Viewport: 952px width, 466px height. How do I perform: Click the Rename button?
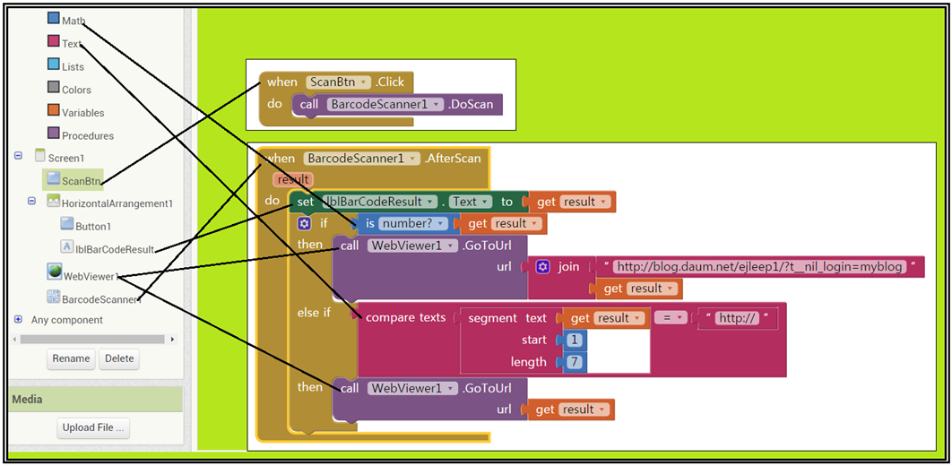[x=71, y=358]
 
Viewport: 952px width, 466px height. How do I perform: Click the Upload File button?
[x=93, y=428]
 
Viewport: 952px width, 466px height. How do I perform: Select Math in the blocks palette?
[x=74, y=21]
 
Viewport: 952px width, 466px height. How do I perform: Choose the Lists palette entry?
[x=73, y=66]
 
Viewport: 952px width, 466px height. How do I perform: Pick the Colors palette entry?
[x=76, y=90]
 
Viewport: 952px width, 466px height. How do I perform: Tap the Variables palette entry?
[x=82, y=113]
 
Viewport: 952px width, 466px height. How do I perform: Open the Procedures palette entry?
[x=87, y=136]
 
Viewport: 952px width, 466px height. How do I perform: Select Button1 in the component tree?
[x=93, y=227]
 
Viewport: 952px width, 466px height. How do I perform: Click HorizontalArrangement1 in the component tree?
[x=117, y=203]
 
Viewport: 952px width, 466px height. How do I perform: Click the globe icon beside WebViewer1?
[x=55, y=272]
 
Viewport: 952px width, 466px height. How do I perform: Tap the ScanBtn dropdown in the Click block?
[x=338, y=82]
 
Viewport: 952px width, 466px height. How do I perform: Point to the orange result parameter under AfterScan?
[x=293, y=179]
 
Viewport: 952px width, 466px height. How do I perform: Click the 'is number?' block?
[x=409, y=223]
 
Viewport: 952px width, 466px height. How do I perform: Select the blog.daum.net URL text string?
[x=758, y=266]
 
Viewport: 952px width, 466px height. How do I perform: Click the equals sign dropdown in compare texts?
[x=670, y=318]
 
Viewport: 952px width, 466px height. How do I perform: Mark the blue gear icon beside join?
[x=542, y=266]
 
